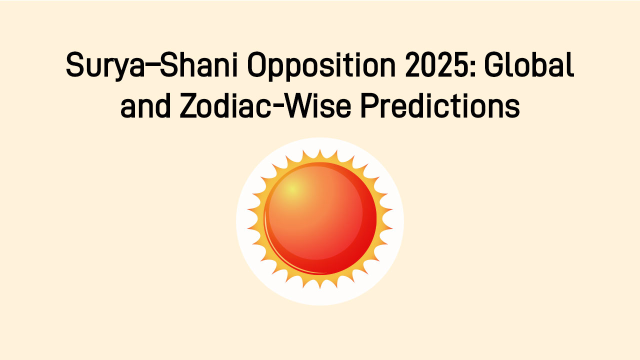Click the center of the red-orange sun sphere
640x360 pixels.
click(320, 218)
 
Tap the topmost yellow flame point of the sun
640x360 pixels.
click(320, 149)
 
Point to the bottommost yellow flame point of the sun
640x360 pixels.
click(320, 288)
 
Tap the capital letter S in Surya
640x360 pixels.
click(75, 66)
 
